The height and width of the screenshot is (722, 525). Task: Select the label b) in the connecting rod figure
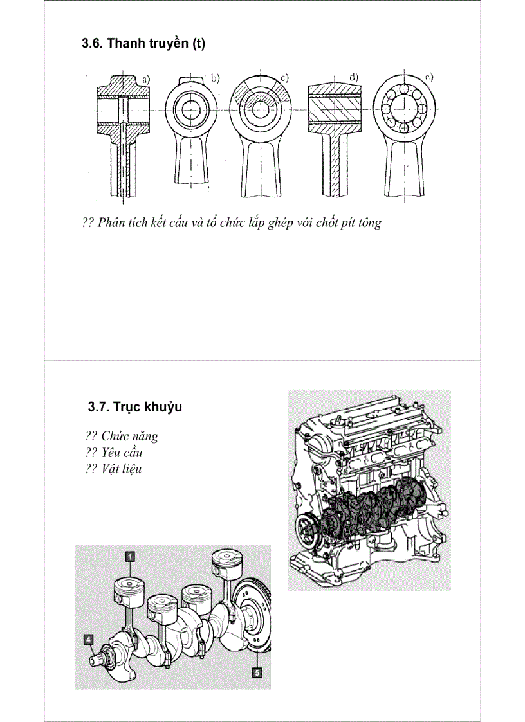pyautogui.click(x=215, y=78)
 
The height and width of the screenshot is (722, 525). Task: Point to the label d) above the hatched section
pyautogui.click(x=353, y=78)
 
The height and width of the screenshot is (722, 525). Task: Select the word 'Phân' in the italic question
pyautogui.click(x=113, y=223)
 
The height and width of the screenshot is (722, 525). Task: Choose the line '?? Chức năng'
pyautogui.click(x=121, y=436)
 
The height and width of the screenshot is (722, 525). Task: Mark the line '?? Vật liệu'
pyautogui.click(x=113, y=469)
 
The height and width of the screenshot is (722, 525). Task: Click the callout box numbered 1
pyautogui.click(x=129, y=557)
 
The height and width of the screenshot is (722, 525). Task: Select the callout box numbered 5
pyautogui.click(x=257, y=672)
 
